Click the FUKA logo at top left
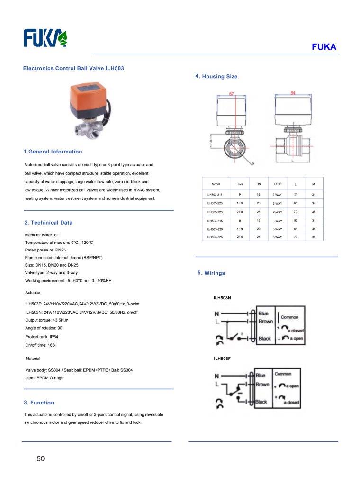[46, 38]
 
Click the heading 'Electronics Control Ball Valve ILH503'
[73, 68]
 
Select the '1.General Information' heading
[53, 152]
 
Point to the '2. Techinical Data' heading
[48, 222]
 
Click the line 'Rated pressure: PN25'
[45, 250]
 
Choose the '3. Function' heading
[39, 403]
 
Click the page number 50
[40, 458]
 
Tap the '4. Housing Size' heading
[216, 76]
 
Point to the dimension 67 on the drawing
[232, 94]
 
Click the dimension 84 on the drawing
[293, 93]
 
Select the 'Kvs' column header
[240, 184]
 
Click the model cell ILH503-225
[215, 212]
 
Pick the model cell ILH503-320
[215, 229]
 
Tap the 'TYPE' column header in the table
[278, 184]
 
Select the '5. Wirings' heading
[211, 273]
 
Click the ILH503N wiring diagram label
[222, 298]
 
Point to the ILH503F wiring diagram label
[222, 359]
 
